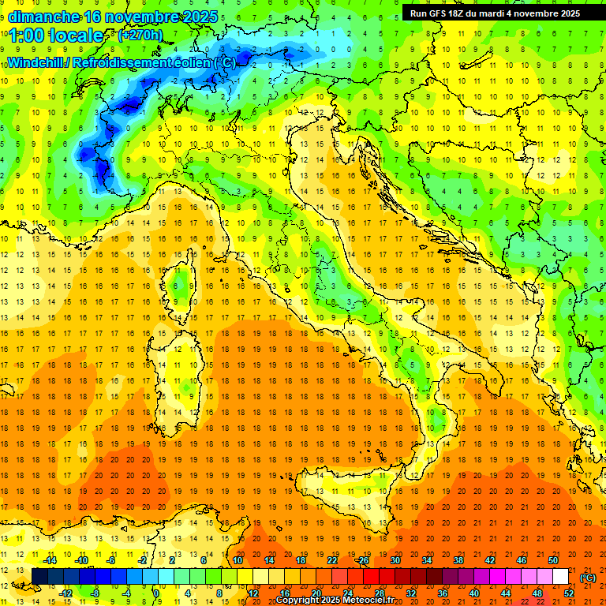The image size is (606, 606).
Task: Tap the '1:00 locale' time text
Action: pyautogui.click(x=56, y=36)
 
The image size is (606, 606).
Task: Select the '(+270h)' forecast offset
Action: pyautogui.click(x=140, y=36)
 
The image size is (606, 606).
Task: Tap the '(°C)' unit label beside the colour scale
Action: pyautogui.click(x=587, y=578)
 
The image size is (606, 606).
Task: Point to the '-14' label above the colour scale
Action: pyautogui.click(x=50, y=560)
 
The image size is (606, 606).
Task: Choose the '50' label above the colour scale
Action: pyautogui.click(x=553, y=560)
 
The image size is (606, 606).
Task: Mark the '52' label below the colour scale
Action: pyautogui.click(x=569, y=593)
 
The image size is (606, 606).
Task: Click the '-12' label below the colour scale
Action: pyautogui.click(x=66, y=593)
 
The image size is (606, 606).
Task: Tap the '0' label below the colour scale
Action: pyautogui.click(x=157, y=593)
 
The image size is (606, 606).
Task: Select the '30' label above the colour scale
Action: pyautogui.click(x=395, y=560)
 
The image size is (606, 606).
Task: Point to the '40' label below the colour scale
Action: pyautogui.click(x=474, y=593)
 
